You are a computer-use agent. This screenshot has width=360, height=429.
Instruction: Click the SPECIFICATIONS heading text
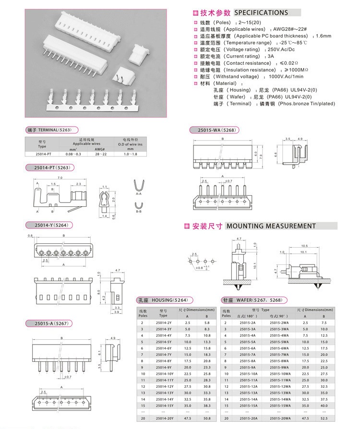click(x=261, y=13)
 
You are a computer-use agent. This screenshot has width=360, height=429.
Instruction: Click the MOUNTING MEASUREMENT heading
click(x=271, y=226)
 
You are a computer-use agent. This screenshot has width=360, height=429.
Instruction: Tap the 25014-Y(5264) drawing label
click(x=49, y=225)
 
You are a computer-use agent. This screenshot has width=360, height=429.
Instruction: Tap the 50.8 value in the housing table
click(x=206, y=419)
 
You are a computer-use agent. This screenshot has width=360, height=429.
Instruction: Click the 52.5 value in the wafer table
click(x=324, y=419)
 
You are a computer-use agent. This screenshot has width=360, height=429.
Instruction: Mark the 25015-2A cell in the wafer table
click(x=248, y=322)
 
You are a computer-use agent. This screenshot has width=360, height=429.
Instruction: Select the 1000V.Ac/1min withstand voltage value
click(x=286, y=77)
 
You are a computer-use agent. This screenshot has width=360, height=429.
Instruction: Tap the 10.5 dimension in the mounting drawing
click(x=304, y=245)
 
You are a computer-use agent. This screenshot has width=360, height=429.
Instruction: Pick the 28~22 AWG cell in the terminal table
click(x=100, y=154)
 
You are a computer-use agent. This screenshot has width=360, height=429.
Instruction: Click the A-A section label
click(x=138, y=194)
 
